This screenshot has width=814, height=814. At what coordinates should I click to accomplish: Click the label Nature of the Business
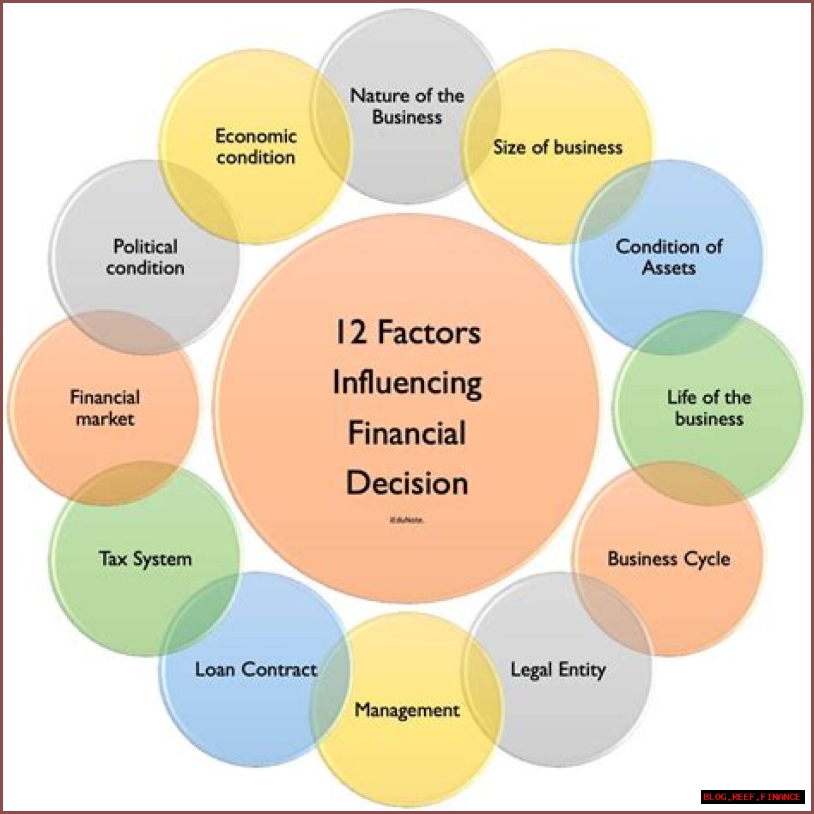coord(407,106)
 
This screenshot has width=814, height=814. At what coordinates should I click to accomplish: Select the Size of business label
coord(558,148)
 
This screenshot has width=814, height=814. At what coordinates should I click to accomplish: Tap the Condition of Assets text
coord(668,256)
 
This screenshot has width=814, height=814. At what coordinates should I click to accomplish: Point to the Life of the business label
coord(708,408)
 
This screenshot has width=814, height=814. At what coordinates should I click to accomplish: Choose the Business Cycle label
coord(668,559)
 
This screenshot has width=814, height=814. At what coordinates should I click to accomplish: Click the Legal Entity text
coord(558,670)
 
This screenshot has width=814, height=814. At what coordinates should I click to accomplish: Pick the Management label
coord(407,710)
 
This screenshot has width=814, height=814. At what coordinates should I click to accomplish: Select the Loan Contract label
coord(256,670)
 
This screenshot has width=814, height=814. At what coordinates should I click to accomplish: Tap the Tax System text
coord(145,559)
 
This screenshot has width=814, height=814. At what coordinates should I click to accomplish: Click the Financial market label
coord(105,408)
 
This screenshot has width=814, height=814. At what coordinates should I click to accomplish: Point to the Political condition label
coord(145,256)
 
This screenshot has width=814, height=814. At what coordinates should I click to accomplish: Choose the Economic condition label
coord(256,146)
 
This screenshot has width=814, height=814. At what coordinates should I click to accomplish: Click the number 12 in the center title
coord(350,333)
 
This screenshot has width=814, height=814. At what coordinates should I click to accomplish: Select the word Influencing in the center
coord(407,383)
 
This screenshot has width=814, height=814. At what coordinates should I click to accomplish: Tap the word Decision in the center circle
coord(407,483)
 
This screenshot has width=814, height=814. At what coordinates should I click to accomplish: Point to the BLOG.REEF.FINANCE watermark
coord(752,797)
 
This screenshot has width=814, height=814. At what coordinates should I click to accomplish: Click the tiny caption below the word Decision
coord(407,520)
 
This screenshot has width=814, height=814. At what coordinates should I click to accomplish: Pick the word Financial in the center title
coord(407,434)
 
